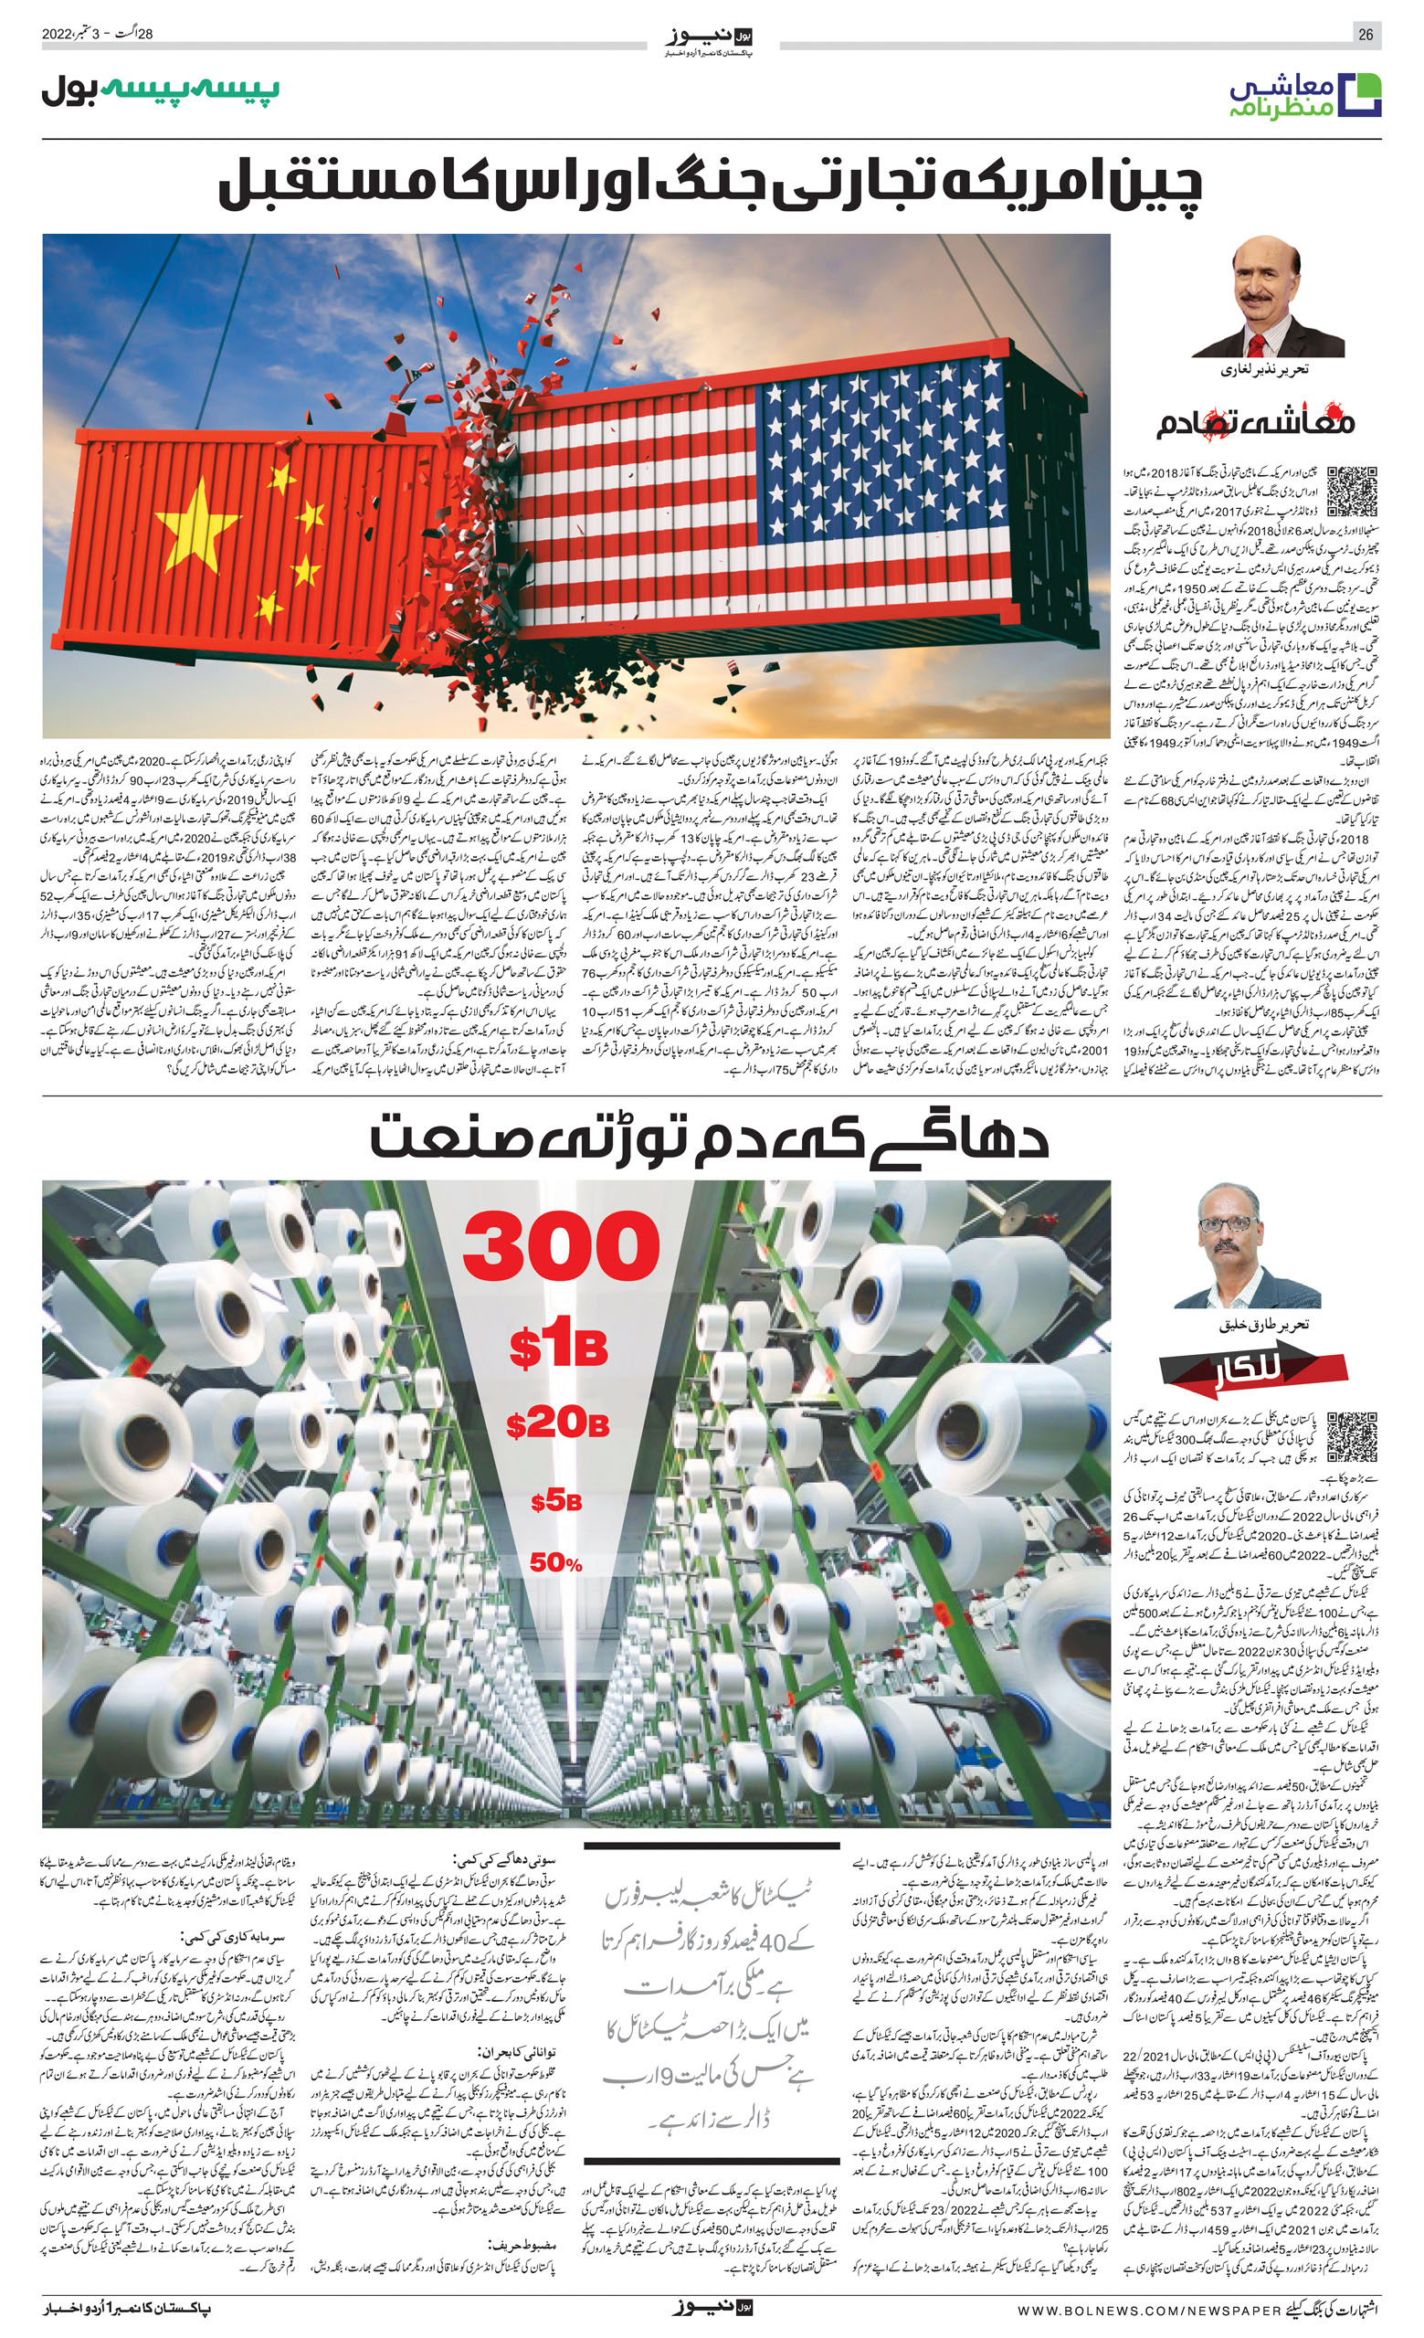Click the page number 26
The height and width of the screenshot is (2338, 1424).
click(x=1366, y=34)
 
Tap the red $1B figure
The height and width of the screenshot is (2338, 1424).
click(x=558, y=1348)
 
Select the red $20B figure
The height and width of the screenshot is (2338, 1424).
click(x=557, y=1423)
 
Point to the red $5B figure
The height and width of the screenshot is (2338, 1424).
click(x=556, y=1501)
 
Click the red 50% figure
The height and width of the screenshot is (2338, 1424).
click(x=556, y=1563)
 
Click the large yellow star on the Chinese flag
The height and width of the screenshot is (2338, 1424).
click(x=197, y=522)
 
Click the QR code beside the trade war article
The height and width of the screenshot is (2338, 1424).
click(x=1351, y=492)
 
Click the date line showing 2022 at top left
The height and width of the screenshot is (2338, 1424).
click(x=98, y=34)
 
